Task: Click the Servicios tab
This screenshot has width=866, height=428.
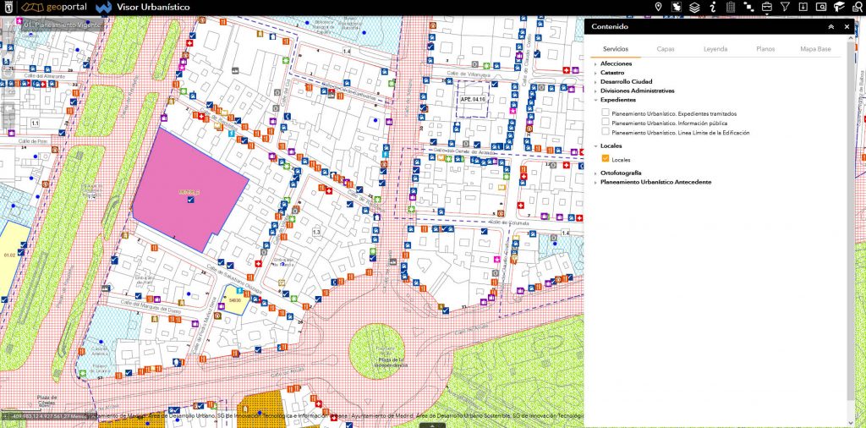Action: click(615, 49)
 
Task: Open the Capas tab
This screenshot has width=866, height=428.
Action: click(666, 49)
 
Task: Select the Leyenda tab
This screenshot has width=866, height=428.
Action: click(715, 49)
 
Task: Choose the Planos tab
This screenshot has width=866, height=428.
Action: click(765, 49)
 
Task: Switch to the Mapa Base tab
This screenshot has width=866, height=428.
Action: click(816, 49)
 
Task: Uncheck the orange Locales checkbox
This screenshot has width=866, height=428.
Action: click(606, 159)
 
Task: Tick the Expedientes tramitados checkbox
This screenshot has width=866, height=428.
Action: click(606, 112)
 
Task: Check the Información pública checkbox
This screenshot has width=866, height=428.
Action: click(606, 123)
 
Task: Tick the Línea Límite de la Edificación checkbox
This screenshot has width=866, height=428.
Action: click(606, 133)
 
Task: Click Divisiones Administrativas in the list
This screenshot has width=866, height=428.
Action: click(638, 91)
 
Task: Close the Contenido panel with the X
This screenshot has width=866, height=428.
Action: click(847, 27)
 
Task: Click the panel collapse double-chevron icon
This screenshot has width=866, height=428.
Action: click(830, 27)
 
